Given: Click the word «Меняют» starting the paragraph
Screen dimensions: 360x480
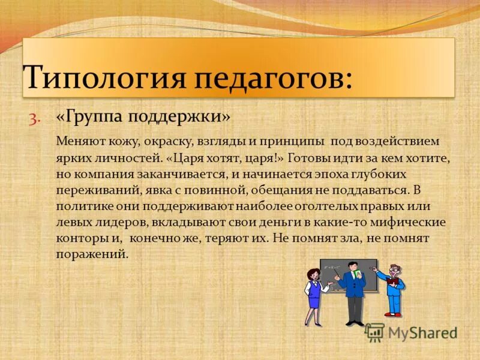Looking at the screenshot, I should (78, 142).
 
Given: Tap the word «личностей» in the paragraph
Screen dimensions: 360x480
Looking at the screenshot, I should (130, 159).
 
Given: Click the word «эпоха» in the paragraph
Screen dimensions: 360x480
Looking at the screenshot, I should (331, 175).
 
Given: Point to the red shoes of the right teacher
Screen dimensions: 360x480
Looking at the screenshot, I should (394, 313).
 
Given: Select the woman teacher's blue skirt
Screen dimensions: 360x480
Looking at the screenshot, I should (313, 300).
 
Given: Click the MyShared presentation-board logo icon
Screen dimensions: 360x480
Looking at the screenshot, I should (374, 332).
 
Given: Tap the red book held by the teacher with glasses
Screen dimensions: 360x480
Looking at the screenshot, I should (393, 281).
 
